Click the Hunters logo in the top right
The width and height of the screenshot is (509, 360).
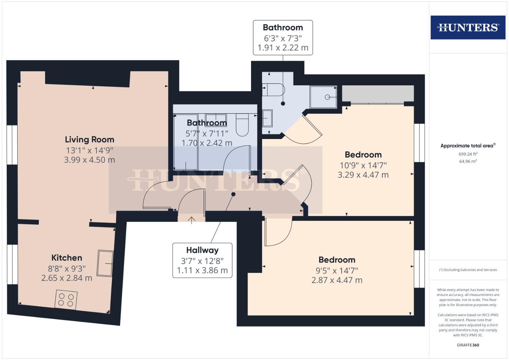468,27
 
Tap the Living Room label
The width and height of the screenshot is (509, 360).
89,139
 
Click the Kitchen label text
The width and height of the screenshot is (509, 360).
67,258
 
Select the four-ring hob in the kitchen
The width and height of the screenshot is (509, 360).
66,300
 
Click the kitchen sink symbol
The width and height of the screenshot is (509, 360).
105,263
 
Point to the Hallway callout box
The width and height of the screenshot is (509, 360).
202,260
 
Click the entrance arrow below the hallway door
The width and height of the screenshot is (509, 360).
192,220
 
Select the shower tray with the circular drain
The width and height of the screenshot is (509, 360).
323,97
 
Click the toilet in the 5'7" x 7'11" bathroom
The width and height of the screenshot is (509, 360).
242,125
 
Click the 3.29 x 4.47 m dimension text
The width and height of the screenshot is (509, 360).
363,175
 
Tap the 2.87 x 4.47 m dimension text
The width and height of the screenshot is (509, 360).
337,280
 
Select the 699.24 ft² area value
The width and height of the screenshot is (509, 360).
468,154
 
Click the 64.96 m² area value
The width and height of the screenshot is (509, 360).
468,161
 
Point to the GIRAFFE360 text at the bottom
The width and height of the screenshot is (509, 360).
468,345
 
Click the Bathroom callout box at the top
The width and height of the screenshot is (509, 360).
283,37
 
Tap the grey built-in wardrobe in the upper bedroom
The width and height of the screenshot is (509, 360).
378,94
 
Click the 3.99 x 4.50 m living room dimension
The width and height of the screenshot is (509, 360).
89,160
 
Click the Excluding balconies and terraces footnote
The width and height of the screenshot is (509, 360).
468,270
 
